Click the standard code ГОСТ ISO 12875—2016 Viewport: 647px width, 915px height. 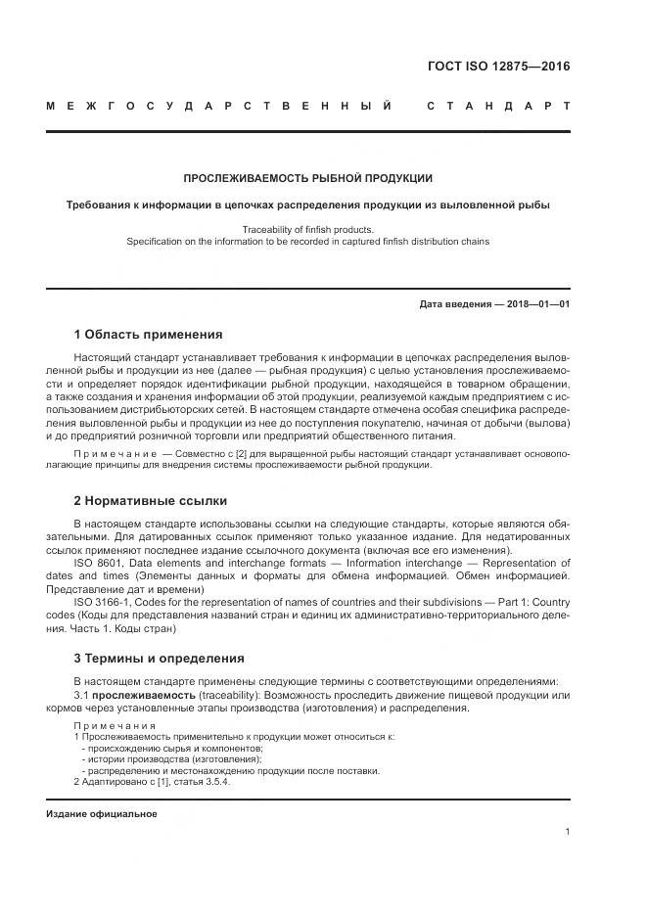(498, 67)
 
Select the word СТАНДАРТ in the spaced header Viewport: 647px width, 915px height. (497, 105)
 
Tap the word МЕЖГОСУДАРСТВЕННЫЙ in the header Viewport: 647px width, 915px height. (219, 105)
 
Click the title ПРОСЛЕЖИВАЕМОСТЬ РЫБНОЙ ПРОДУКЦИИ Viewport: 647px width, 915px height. (307, 178)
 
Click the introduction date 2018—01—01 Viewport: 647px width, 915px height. (535, 304)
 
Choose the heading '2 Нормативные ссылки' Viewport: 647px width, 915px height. (144, 500)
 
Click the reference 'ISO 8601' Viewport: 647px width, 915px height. (96, 564)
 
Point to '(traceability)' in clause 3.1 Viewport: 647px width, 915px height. (223, 695)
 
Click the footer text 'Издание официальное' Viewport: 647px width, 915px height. (102, 814)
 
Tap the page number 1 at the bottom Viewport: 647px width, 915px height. (568, 832)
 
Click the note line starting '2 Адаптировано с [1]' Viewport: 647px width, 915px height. (152, 782)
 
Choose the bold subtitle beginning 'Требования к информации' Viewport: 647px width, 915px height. (307, 206)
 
